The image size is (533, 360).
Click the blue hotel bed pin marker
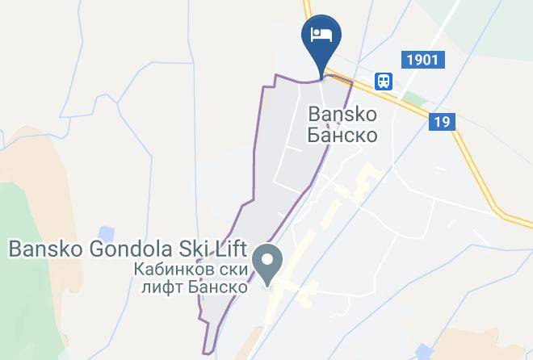[321, 39]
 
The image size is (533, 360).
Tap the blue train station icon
[383, 80]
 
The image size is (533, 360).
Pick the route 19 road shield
[443, 122]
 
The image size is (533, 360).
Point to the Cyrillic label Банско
[342, 135]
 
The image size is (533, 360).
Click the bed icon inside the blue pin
[321, 34]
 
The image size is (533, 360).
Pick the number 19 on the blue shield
[443, 122]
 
